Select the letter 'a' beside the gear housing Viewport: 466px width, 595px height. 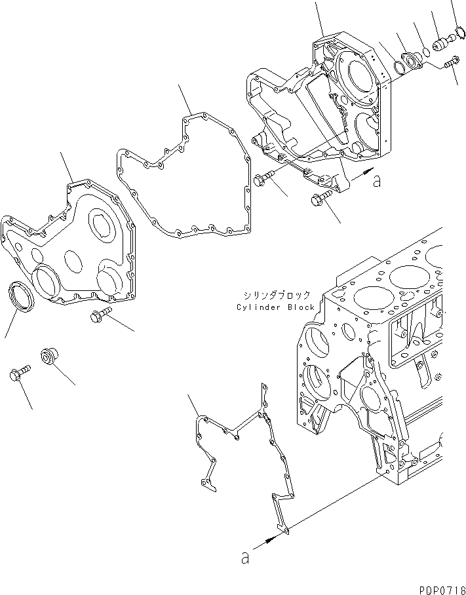(x=376, y=182)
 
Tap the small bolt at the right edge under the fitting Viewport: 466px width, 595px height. (x=450, y=64)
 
